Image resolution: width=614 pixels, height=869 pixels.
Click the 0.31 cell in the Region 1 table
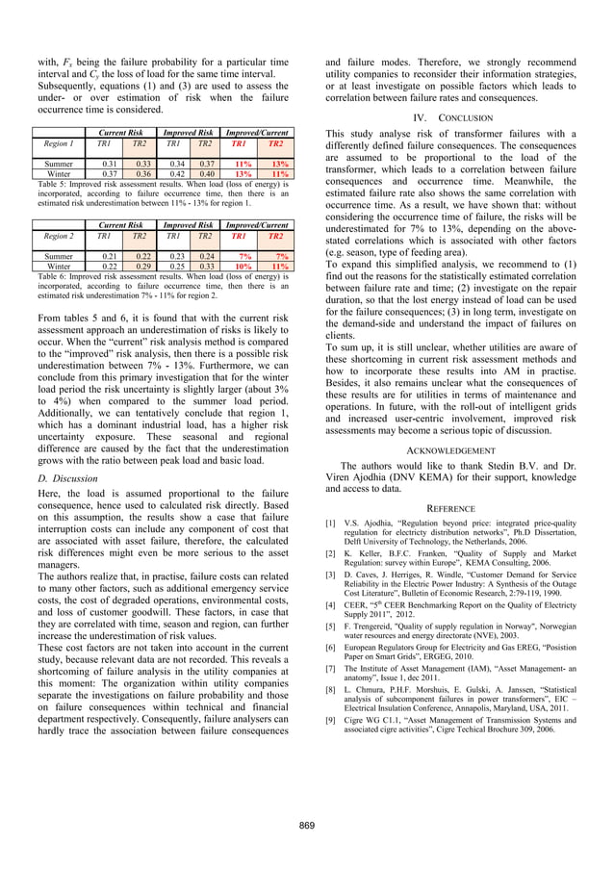coord(111,164)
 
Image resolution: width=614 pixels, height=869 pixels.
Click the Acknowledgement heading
coord(449,449)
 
